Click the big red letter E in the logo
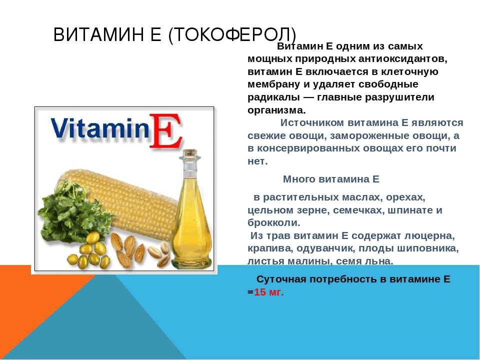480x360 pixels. pyautogui.click(x=165, y=131)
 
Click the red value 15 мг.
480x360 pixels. pyautogui.click(x=269, y=292)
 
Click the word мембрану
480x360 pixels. pyautogui.click(x=273, y=84)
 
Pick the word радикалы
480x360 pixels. pyautogui.click(x=273, y=97)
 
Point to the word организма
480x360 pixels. pyautogui.click(x=276, y=110)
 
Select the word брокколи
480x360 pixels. pyautogui.click(x=273, y=222)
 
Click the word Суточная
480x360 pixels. pyautogui.click(x=281, y=279)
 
